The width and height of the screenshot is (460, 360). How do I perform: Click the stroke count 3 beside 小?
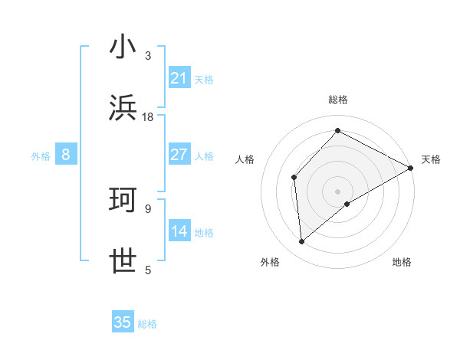148,55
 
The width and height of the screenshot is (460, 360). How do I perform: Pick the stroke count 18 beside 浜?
148,116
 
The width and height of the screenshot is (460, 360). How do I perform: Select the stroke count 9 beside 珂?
148,208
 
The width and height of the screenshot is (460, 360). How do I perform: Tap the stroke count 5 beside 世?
148,270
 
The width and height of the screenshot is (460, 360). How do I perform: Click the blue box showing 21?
179,78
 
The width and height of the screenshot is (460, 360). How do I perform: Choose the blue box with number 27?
179,155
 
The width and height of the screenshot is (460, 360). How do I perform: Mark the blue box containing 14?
179,231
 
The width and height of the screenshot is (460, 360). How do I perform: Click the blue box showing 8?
66,155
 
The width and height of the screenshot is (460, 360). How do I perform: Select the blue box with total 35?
123,322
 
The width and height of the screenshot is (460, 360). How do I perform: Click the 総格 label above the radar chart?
338,100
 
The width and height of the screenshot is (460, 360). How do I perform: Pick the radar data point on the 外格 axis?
302,241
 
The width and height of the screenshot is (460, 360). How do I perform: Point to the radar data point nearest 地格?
347,204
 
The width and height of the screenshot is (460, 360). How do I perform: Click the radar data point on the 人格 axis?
294,177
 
